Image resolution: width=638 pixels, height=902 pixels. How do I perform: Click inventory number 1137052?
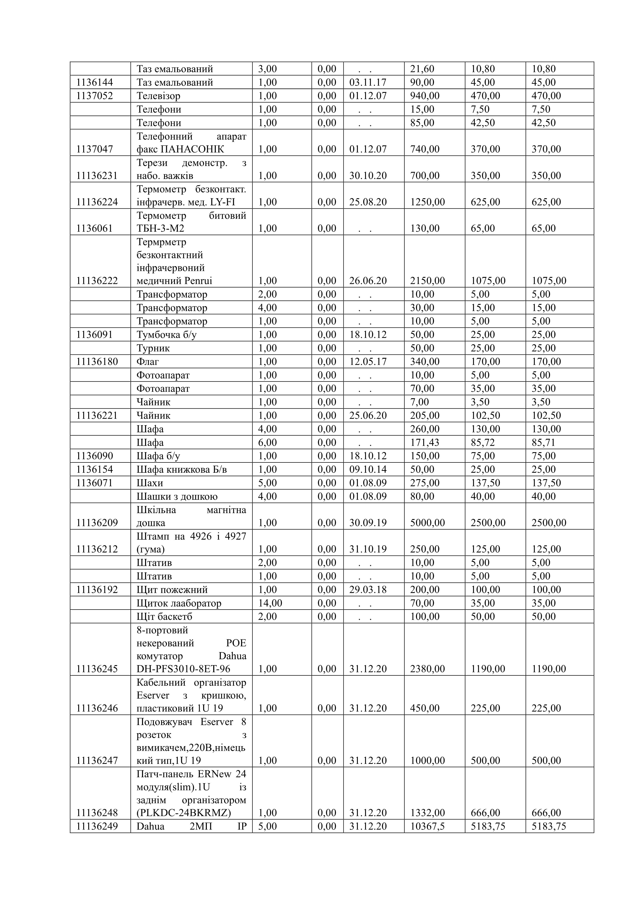point(95,96)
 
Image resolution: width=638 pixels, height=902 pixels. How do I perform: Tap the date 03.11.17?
point(368,83)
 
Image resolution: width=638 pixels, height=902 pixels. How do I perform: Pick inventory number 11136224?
point(97,202)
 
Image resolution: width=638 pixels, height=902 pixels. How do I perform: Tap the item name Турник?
point(153,348)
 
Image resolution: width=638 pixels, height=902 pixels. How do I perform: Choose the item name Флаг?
point(148,361)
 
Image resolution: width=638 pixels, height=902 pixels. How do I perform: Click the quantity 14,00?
point(270,603)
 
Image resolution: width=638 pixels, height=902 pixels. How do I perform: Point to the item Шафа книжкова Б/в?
point(182,469)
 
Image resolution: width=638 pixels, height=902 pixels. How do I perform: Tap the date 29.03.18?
point(368,590)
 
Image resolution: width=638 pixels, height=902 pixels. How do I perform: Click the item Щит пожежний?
point(172,590)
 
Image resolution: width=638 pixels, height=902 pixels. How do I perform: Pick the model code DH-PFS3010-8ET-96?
point(183,669)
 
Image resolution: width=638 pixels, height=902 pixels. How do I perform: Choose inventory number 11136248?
point(97,813)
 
